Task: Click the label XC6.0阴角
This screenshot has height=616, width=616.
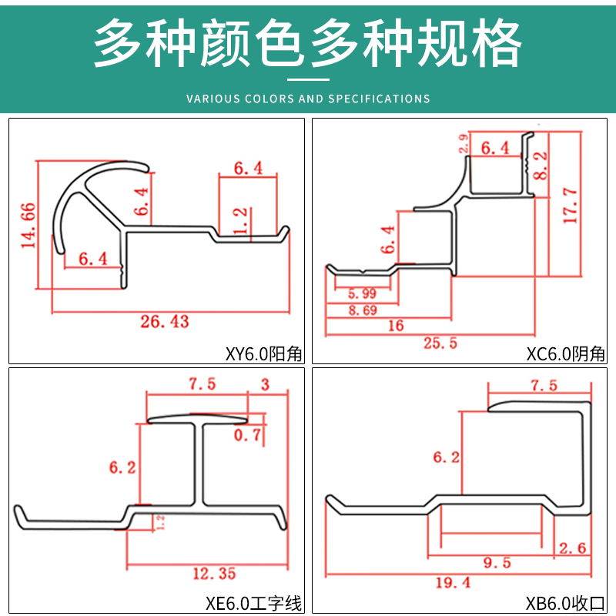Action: [566, 354]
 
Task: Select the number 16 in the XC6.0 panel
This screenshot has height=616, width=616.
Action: [395, 326]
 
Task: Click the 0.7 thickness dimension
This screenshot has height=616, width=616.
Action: [246, 436]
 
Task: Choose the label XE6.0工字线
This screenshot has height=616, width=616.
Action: [258, 603]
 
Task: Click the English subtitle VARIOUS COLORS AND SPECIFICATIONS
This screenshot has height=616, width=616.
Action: [308, 99]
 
